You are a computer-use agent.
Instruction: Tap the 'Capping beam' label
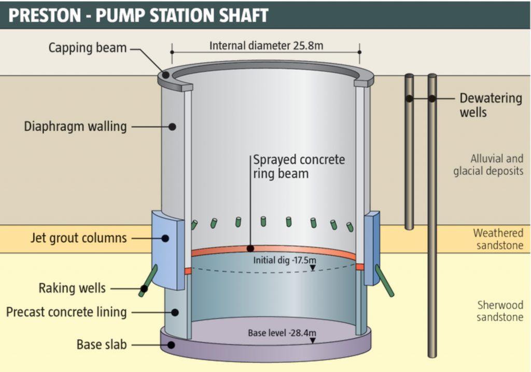point(88,48)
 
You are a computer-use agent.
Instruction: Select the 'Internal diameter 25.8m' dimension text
point(266,46)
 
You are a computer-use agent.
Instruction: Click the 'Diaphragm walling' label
point(75,126)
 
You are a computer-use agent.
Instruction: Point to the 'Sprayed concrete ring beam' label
point(299,166)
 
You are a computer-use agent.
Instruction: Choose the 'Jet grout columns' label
point(78,238)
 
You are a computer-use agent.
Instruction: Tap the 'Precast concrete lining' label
point(66,312)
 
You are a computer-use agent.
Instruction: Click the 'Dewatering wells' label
point(491,105)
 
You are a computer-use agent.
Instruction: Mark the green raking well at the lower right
point(384,281)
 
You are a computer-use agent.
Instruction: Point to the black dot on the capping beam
point(166,75)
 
